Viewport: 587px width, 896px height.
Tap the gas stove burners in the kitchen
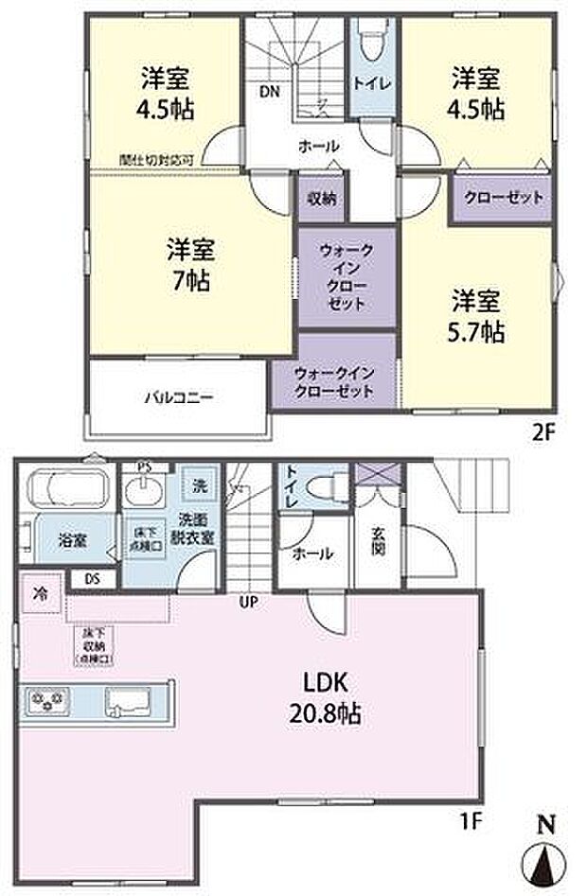point(48,701)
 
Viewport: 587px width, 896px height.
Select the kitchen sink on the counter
point(129,702)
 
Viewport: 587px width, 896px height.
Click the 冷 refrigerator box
point(41,597)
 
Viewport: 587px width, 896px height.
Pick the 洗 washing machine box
point(199,485)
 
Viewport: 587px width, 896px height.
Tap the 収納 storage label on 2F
point(321,199)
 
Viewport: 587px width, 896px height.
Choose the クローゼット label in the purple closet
point(503,198)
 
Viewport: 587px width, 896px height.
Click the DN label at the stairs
point(269,92)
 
